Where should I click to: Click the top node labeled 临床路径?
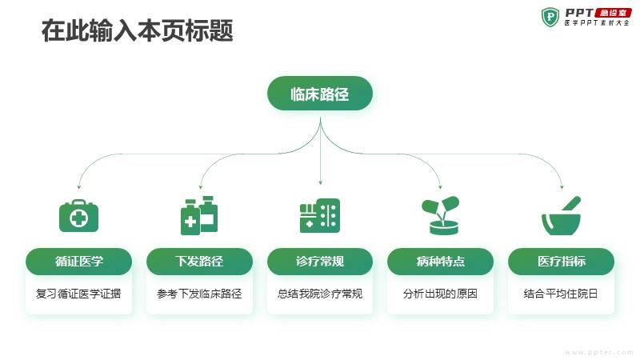[x=320, y=94]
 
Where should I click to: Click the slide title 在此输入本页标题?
[x=138, y=30]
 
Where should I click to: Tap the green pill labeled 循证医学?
[x=78, y=262]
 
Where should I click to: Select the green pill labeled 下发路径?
[x=199, y=262]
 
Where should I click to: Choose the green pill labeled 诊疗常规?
[x=320, y=262]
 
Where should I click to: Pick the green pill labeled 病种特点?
[x=441, y=262]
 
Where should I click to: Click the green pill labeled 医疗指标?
[x=562, y=262]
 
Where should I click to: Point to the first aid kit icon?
[x=78, y=216]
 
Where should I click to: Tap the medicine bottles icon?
[x=199, y=215]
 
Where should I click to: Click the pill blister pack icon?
[x=320, y=216]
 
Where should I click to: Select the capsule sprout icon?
[x=441, y=215]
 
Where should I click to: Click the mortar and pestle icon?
[x=562, y=215]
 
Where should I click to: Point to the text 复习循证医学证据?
[x=78, y=294]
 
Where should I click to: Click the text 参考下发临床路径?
[x=199, y=294]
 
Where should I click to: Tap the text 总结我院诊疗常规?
[x=320, y=294]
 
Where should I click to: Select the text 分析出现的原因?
[x=441, y=294]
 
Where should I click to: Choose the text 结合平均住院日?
[x=561, y=294]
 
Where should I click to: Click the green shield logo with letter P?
[x=550, y=17]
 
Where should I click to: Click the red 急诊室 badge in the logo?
[x=614, y=13]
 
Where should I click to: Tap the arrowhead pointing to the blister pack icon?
[x=321, y=182]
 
